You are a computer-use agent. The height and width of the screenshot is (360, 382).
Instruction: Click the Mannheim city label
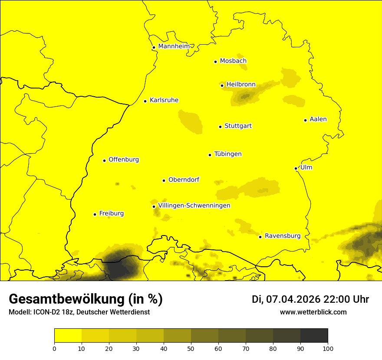click(174, 46)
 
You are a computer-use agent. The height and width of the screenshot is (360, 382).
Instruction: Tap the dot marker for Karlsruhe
click(145, 101)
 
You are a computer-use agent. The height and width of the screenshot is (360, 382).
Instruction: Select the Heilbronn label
click(241, 85)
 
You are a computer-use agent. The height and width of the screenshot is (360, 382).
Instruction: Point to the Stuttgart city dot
click(221, 127)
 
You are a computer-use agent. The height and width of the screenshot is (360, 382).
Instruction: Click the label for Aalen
click(318, 119)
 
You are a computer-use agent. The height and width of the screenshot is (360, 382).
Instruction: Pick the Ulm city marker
click(296, 168)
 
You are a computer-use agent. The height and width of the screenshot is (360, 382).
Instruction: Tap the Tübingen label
click(228, 154)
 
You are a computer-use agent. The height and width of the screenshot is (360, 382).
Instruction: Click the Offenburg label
click(124, 160)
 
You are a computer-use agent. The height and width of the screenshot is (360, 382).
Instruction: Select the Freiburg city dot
click(95, 214)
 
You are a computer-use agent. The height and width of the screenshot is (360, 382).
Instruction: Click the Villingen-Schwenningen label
click(194, 206)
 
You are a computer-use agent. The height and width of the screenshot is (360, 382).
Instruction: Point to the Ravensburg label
click(283, 236)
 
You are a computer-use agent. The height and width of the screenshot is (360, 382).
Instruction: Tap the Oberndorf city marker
click(164, 180)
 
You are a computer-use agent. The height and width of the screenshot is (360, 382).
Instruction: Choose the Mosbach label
click(233, 61)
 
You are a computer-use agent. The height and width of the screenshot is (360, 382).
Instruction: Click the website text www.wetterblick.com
click(313, 312)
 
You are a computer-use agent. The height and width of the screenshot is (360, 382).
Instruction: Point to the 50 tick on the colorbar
click(191, 348)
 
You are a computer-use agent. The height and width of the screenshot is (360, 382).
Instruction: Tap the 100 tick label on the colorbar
click(328, 348)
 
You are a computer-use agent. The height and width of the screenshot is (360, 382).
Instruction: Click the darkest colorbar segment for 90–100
click(314, 336)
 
